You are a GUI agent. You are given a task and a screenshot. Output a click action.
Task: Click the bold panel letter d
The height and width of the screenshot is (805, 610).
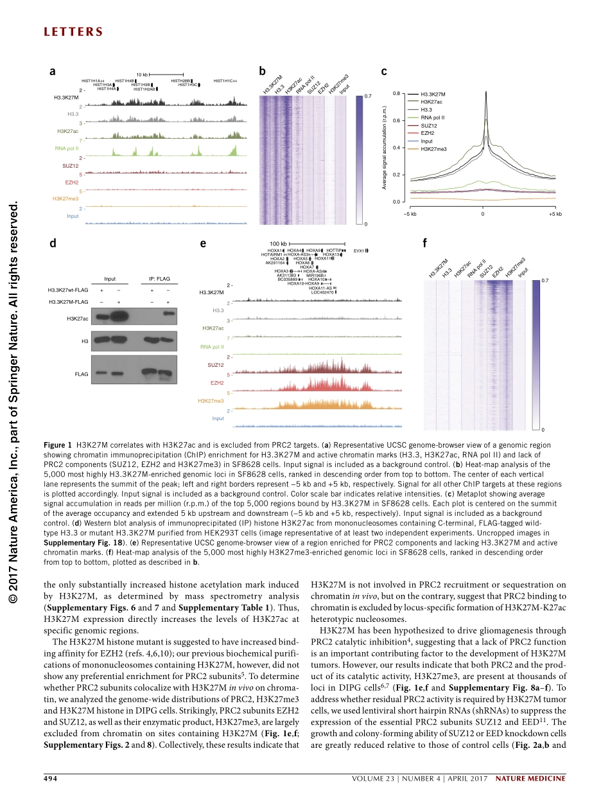click(x=53, y=243)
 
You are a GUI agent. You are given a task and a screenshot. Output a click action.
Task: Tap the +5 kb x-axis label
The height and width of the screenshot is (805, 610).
click(x=555, y=213)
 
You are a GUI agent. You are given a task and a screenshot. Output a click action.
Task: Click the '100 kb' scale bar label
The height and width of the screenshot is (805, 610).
click(x=278, y=244)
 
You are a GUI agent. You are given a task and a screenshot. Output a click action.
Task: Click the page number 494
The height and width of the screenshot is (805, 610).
click(x=51, y=779)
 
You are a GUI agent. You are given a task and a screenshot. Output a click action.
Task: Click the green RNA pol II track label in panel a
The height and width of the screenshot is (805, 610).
click(x=67, y=148)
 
